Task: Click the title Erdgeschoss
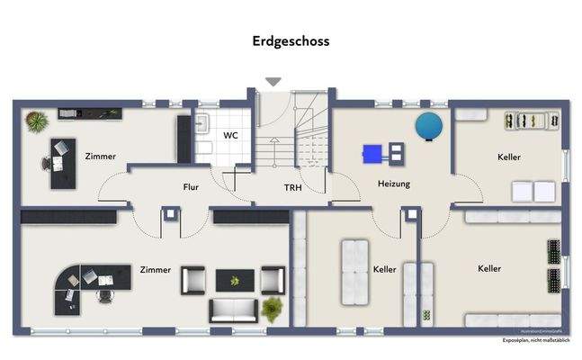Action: tap(291, 41)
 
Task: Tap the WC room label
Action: tap(230, 136)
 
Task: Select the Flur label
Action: tap(191, 188)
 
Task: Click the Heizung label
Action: tap(393, 184)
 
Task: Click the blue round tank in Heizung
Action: tap(429, 127)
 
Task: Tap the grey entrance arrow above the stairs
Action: tap(273, 82)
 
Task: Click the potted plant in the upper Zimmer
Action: tap(34, 120)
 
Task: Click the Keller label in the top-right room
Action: tap(508, 157)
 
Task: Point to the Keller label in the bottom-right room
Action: tap(489, 268)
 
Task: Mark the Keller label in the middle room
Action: tap(384, 269)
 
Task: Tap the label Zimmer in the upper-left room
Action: tap(101, 157)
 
